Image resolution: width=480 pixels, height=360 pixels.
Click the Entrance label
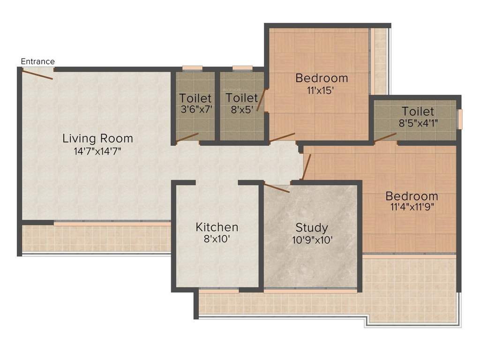pyautogui.click(x=38, y=61)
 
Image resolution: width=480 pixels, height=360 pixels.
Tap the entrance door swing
pyautogui.click(x=37, y=74)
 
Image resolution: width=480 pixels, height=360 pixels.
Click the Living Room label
pyautogui.click(x=98, y=138)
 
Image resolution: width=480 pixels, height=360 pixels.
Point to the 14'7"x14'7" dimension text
pyautogui.click(x=97, y=151)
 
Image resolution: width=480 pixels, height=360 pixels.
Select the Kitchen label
pyautogui.click(x=217, y=227)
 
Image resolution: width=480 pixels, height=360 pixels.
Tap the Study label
pyautogui.click(x=312, y=228)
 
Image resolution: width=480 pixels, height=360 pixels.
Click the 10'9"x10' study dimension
pyautogui.click(x=312, y=240)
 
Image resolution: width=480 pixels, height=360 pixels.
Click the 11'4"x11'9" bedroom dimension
pyautogui.click(x=412, y=207)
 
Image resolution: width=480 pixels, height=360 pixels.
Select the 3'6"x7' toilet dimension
pyautogui.click(x=195, y=111)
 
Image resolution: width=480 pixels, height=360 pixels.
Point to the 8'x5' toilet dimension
pyautogui.click(x=242, y=110)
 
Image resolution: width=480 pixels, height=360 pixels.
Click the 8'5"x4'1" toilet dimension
pyautogui.click(x=417, y=124)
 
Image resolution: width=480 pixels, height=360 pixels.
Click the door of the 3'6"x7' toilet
pyautogui.click(x=187, y=137)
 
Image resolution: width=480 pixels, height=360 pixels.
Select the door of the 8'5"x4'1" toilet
pyautogui.click(x=385, y=136)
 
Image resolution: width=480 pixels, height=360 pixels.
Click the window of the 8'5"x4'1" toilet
pyautogui.click(x=460, y=119)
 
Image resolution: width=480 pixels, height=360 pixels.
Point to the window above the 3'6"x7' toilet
pyautogui.click(x=192, y=68)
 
